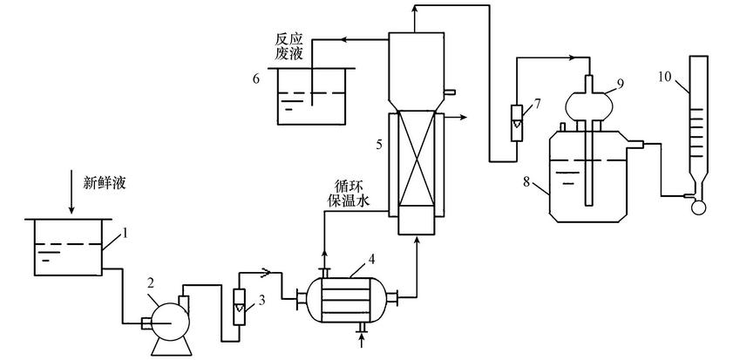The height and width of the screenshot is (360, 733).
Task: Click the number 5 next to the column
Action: (378, 145)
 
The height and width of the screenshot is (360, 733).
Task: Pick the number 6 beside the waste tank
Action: (256, 78)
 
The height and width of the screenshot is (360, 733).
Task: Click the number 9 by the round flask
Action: (621, 83)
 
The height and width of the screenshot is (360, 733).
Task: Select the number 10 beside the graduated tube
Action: (664, 78)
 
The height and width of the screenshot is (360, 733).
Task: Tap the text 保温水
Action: (350, 200)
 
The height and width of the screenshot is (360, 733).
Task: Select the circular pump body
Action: (163, 312)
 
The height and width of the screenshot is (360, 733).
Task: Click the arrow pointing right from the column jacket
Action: (464, 116)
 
